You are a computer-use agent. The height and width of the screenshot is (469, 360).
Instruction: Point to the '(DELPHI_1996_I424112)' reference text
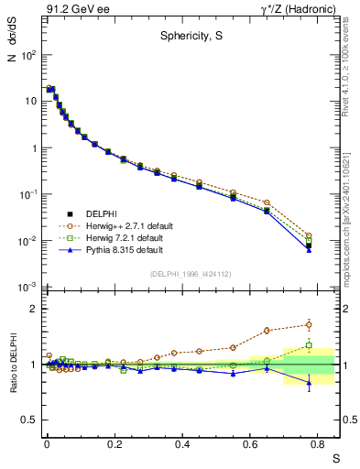pos(191,273)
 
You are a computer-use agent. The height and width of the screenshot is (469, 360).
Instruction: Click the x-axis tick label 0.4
pos(183,442)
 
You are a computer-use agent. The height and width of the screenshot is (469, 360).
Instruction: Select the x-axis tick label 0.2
pos(115,442)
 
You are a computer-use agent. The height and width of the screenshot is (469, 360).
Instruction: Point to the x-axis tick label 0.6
pos(251,442)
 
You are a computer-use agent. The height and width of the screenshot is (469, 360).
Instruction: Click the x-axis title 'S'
pos(335,456)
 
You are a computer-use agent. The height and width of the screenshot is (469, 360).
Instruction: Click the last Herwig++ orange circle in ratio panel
pos(309,324)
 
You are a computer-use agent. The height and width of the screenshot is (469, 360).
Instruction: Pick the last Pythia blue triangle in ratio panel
pos(309,383)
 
